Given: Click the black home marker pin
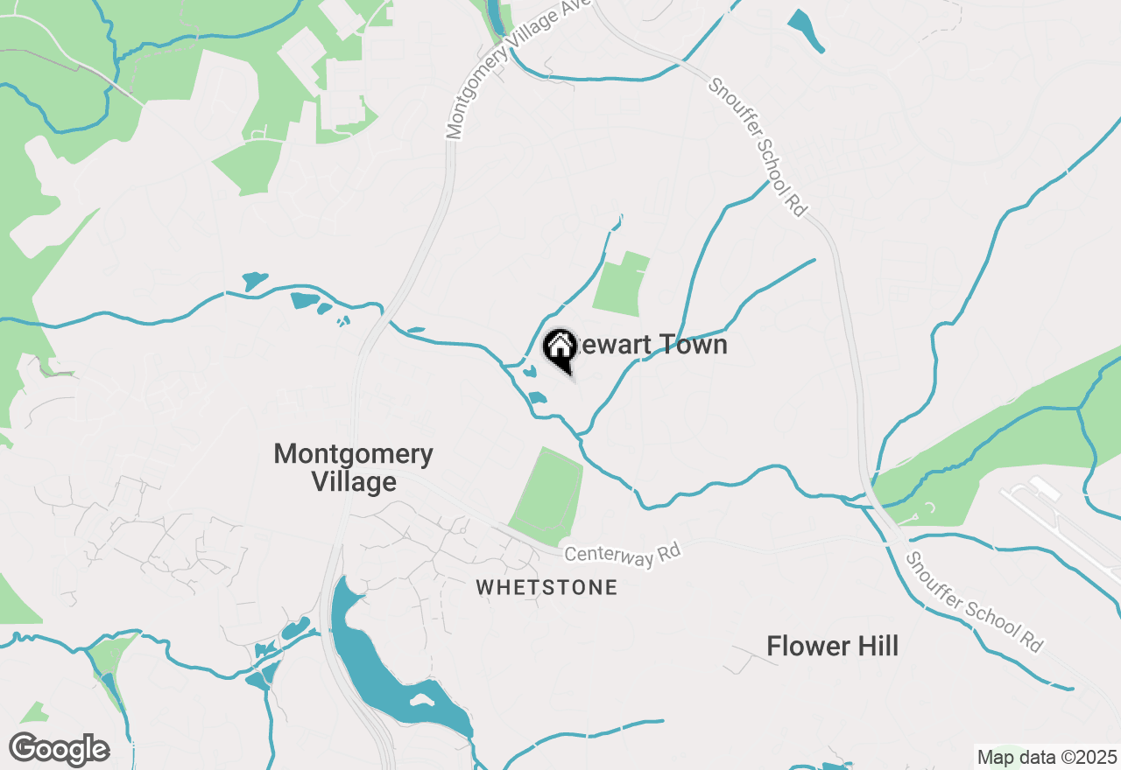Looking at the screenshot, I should click(560, 349).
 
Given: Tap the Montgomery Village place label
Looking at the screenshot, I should click(354, 468).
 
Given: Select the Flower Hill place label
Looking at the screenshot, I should click(832, 647).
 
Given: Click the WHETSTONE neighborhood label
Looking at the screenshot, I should click(546, 587).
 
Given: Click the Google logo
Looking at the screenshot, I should click(59, 749).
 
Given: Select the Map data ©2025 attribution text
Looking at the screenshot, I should click(1047, 757).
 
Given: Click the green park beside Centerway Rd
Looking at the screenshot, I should click(547, 494).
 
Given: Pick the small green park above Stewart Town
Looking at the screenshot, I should click(621, 284).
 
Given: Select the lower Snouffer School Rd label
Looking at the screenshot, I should click(975, 602).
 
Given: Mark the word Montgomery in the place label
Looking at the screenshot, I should click(354, 455).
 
